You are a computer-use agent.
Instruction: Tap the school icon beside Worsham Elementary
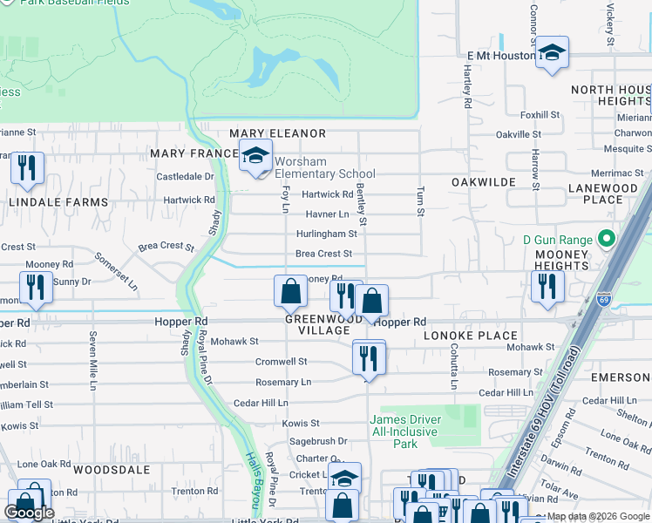click(255, 157)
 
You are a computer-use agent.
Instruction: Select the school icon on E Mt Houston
click(552, 53)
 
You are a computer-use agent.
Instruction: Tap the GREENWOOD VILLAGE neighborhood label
click(323, 324)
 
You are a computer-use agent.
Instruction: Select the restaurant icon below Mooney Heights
click(547, 286)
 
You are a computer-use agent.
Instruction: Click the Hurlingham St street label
click(326, 234)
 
